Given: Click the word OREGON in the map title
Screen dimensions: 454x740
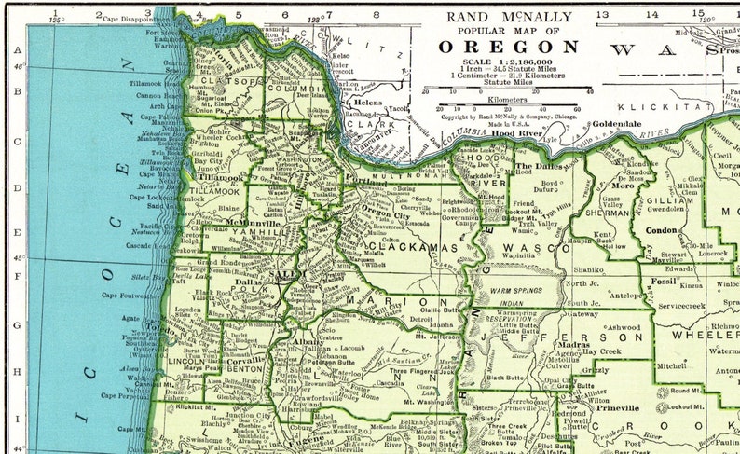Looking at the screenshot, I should (509, 48).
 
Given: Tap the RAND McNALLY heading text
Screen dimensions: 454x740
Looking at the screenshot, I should (509, 16).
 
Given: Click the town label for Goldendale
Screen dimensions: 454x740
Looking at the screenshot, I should (617, 124).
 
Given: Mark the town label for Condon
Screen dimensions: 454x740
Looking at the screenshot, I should (662, 229).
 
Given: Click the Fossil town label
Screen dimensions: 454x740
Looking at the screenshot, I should (665, 281).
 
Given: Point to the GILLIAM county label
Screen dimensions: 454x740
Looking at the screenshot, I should (669, 199).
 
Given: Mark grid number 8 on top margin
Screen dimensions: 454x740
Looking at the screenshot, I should (376, 14).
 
